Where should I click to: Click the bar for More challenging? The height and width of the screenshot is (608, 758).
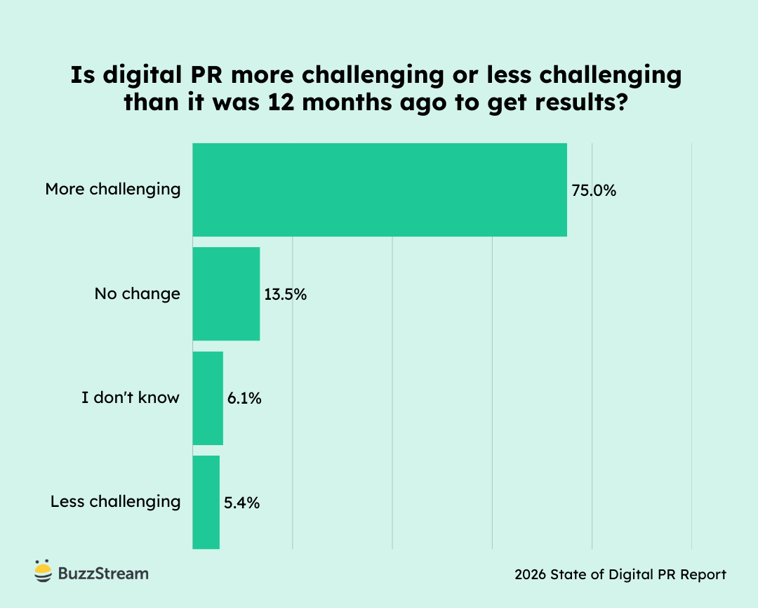[x=379, y=190]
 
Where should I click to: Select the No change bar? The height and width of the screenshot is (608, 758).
[x=226, y=293]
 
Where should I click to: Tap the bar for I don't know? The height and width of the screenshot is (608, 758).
[x=208, y=398]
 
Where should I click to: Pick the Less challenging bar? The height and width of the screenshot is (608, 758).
[x=206, y=501]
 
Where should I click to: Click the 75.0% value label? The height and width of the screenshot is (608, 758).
[x=594, y=190]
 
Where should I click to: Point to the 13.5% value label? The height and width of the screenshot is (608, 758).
[x=286, y=294]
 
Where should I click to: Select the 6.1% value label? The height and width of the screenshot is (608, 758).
[x=244, y=399]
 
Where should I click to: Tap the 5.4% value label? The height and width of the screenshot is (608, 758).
[x=242, y=503]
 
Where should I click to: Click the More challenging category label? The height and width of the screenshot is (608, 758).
[x=113, y=190]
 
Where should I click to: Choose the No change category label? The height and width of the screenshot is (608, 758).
[x=138, y=293]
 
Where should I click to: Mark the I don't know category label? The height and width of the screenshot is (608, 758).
[x=131, y=398]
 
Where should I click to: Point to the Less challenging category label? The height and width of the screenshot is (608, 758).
[x=116, y=502]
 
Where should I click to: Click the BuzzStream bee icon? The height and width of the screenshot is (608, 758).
[x=44, y=571]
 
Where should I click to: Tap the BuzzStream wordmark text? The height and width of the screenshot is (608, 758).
[x=103, y=573]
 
